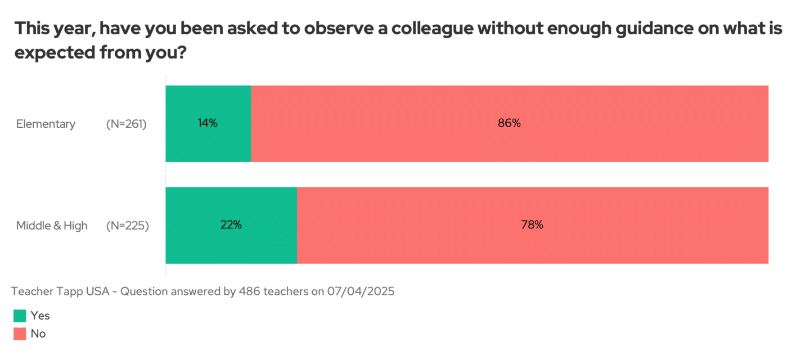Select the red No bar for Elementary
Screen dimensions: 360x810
509,146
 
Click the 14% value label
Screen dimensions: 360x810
208,124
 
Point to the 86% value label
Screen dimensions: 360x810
509,124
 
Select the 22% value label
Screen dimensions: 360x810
231,225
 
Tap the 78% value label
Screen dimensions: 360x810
532,225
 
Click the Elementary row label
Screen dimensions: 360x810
46,124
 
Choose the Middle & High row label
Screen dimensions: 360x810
52,226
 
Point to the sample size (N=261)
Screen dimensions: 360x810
127,124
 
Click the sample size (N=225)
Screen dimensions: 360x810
128,226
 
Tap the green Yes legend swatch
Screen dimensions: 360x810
20,316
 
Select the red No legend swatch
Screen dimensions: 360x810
20,334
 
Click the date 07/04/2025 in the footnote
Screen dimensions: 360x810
361,292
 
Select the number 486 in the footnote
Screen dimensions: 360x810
249,292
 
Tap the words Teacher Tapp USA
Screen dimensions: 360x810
61,292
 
